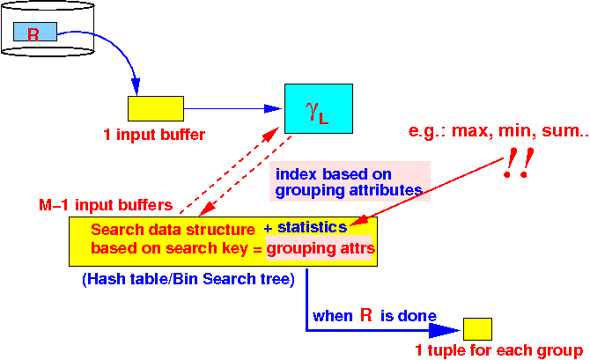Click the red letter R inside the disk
point(33,34)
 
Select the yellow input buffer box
point(156,109)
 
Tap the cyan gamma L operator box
point(319,109)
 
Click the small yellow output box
point(477,329)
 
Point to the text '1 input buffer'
point(154,135)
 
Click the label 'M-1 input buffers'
point(106,205)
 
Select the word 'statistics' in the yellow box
point(313,227)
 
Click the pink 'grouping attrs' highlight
point(319,248)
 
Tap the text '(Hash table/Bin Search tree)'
point(188,279)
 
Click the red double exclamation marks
point(519,163)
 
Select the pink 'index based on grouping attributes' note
point(350,181)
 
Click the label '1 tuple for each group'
point(499,350)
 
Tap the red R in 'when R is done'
point(366,315)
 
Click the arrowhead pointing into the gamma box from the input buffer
point(273,109)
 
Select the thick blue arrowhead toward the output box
point(445,330)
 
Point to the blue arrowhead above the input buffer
point(136,86)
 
